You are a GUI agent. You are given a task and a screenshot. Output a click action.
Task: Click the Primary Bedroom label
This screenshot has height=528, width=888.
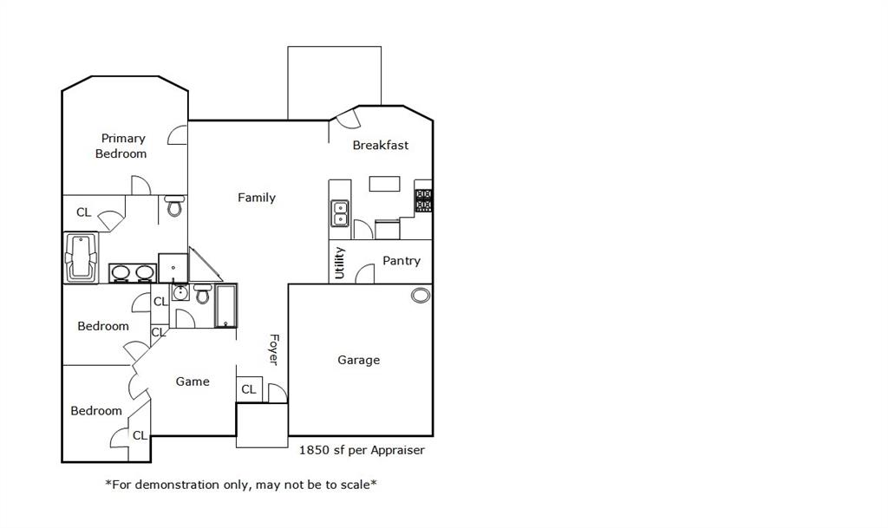point(121,146)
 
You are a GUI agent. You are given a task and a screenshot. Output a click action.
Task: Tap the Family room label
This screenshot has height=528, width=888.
point(257,198)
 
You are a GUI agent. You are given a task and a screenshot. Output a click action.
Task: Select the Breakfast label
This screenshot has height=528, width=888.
point(380,145)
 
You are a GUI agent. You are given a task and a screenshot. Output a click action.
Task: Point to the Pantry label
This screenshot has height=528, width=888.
point(402,260)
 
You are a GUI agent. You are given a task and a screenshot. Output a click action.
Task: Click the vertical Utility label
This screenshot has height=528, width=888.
point(340,263)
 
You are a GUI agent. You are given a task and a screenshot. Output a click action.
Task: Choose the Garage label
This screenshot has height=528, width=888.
point(358,360)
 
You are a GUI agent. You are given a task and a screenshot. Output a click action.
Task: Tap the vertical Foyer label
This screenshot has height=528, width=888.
point(273,349)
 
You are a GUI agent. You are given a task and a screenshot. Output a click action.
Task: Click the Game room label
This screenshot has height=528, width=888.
point(193,381)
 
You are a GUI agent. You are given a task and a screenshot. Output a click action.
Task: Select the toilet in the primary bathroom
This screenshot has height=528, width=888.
point(174,206)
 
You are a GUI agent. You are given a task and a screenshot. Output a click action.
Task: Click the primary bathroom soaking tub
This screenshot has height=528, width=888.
point(82,257)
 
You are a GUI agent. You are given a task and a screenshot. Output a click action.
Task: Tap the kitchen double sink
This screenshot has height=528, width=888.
point(340,212)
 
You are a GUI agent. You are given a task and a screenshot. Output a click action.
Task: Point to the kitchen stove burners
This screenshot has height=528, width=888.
point(423,200)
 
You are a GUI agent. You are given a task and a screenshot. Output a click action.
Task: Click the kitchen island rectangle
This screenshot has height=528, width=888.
point(384,184)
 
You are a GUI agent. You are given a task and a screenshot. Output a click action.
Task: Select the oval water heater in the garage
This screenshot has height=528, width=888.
point(421,296)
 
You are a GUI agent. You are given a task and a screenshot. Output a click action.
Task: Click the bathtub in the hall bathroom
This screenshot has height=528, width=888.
point(225,306)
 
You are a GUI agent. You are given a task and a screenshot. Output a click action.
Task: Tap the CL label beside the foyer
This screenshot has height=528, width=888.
point(249,389)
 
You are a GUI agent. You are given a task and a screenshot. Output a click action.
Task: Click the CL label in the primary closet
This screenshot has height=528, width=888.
point(83,212)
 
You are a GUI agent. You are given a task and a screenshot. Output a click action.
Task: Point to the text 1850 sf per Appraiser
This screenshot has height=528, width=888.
point(362,450)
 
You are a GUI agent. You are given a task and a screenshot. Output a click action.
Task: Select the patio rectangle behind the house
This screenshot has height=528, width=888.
point(334,82)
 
